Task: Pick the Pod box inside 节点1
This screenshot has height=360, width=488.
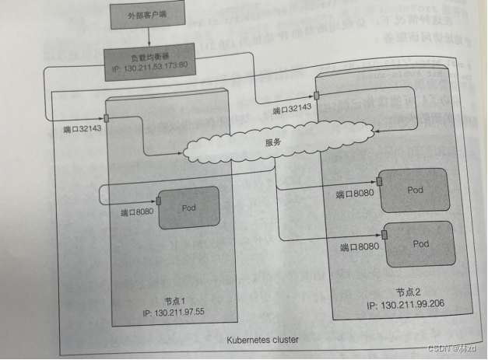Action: tap(188, 208)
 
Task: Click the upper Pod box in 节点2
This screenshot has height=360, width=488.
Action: tap(413, 188)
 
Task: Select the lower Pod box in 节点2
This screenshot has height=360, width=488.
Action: tap(420, 244)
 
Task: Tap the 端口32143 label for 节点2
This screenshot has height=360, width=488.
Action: tap(293, 109)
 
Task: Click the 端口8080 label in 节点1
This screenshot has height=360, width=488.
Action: tap(137, 212)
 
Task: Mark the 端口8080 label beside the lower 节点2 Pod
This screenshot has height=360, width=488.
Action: tap(360, 247)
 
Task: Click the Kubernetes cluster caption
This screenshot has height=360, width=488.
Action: tap(263, 340)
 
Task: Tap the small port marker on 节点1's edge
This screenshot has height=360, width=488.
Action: tap(106, 117)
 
